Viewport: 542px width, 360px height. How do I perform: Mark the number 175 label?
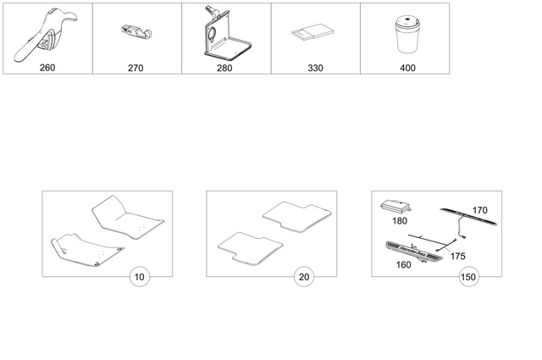(458, 254)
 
